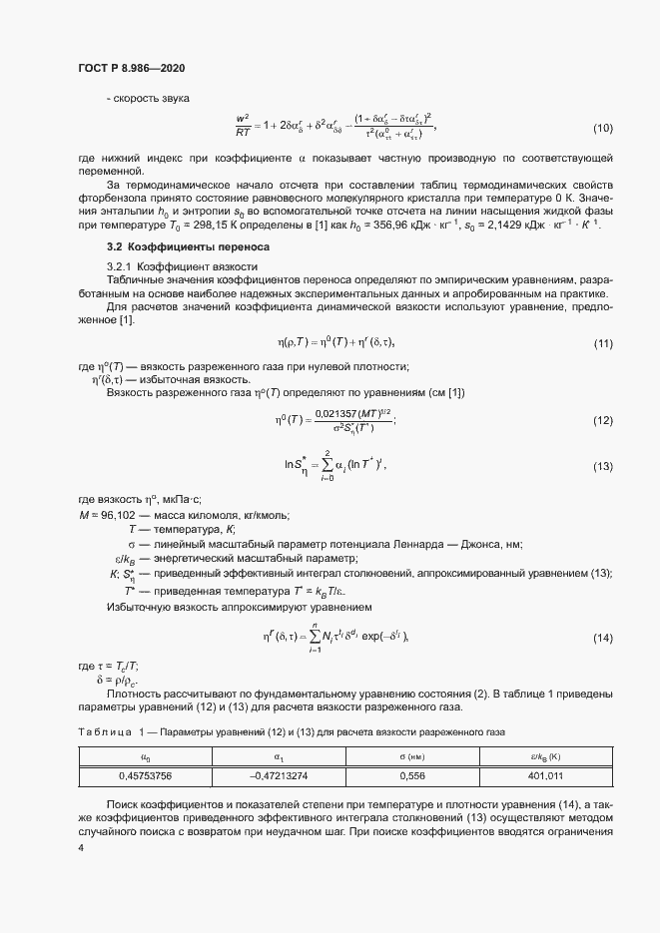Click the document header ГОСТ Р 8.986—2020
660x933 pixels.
(x=131, y=68)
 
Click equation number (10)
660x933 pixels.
(x=603, y=129)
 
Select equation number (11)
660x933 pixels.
(x=603, y=343)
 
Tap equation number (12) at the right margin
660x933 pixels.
(x=603, y=421)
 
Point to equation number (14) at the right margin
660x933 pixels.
(x=603, y=638)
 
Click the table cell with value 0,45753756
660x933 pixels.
(x=146, y=775)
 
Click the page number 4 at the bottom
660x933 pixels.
(x=81, y=847)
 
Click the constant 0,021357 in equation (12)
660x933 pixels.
(x=334, y=414)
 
